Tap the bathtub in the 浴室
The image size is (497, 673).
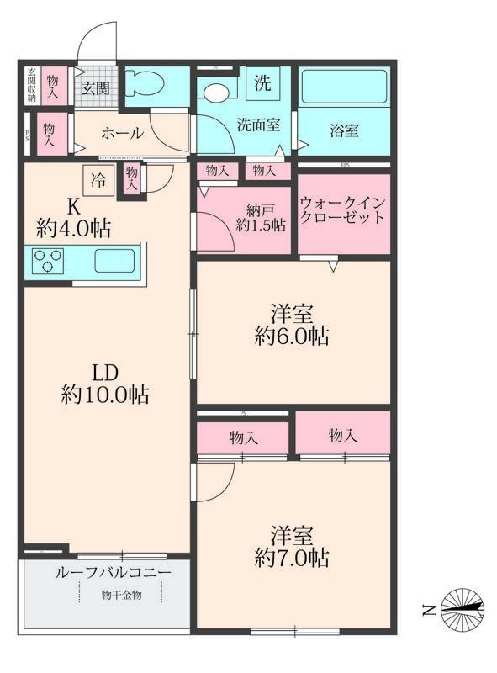(345, 87)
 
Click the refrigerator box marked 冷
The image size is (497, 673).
(98, 178)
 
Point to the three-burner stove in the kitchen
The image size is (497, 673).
(49, 262)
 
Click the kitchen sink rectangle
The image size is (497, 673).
(114, 262)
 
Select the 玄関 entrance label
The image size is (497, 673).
(96, 88)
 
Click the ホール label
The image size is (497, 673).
(121, 134)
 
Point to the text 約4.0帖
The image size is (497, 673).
(75, 227)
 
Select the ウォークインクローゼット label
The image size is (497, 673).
(343, 209)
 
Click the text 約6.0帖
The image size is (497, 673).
(293, 336)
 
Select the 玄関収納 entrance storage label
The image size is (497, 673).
(30, 85)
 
